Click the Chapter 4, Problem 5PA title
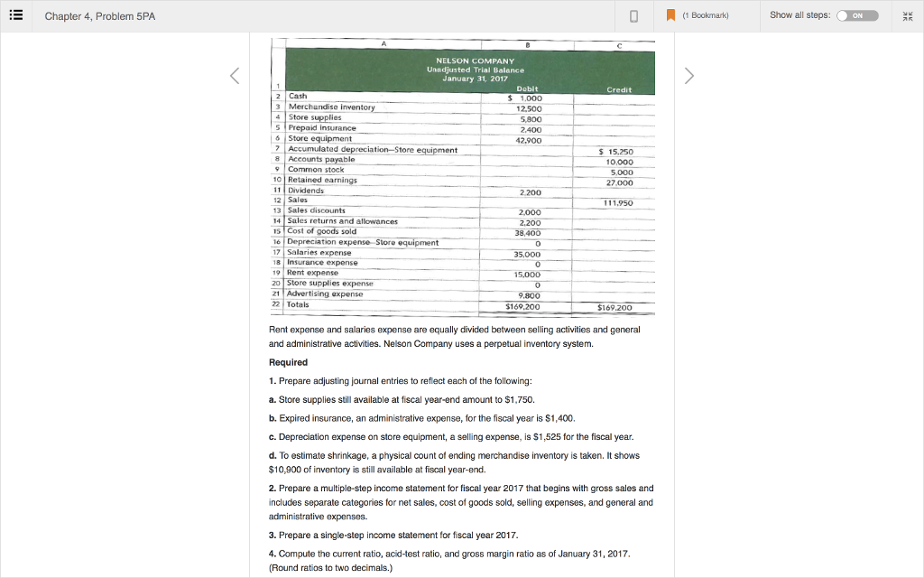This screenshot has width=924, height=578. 99,16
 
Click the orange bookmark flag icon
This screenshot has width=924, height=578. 670,15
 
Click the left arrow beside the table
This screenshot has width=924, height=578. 236,77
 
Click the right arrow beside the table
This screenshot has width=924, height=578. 690,77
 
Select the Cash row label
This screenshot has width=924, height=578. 297,96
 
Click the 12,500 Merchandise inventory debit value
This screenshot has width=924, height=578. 529,107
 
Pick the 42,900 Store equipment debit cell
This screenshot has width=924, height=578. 529,140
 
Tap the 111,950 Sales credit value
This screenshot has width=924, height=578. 617,203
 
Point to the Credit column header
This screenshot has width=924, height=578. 619,90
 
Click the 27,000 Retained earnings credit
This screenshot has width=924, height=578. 619,182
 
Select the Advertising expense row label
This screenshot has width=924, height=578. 324,294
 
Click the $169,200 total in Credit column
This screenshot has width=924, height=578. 614,308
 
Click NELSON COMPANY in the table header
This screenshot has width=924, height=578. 475,61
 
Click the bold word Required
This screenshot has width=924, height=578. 288,362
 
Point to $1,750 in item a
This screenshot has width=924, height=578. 520,399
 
